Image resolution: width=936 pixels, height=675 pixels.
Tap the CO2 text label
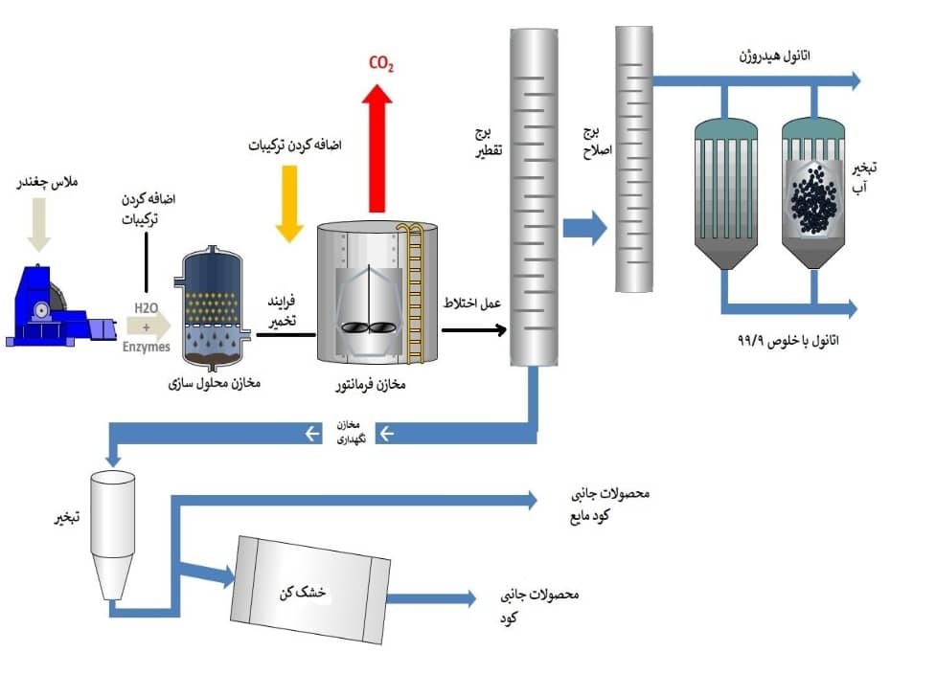(x=381, y=64)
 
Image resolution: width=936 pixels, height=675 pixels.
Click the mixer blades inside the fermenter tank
(x=368, y=326)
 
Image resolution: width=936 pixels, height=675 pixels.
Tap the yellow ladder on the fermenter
(x=414, y=291)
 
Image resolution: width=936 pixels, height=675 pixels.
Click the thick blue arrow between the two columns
(x=584, y=228)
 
